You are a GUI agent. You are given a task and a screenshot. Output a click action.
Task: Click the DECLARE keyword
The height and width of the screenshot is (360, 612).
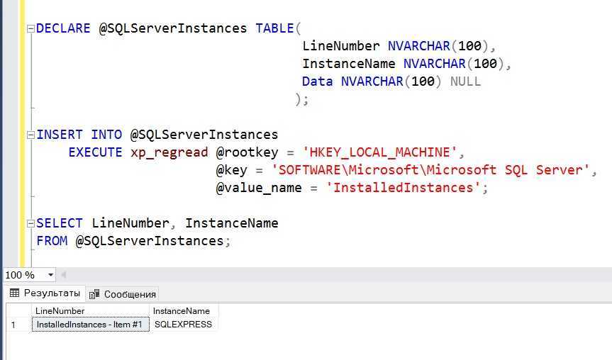tap(63, 28)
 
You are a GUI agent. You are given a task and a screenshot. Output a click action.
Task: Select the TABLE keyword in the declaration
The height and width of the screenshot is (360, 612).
tap(274, 28)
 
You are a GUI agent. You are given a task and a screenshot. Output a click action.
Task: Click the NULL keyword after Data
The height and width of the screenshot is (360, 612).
tap(465, 81)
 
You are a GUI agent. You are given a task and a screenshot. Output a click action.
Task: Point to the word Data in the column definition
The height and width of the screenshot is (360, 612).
tap(317, 81)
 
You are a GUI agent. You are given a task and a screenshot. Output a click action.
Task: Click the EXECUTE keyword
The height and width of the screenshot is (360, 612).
tap(95, 152)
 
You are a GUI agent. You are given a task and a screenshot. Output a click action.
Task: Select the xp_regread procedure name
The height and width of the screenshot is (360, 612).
tap(169, 153)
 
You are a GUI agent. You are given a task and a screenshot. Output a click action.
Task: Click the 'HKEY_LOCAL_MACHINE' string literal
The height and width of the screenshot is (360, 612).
tap(379, 152)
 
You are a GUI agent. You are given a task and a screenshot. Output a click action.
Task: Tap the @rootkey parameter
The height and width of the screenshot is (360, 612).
tap(247, 152)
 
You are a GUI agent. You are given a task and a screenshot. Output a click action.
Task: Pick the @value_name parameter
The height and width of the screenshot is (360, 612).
tap(259, 188)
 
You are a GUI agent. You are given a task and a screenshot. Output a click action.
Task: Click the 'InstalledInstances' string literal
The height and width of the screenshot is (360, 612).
tap(404, 188)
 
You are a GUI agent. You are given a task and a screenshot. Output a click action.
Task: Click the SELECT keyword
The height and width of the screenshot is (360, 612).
tap(60, 223)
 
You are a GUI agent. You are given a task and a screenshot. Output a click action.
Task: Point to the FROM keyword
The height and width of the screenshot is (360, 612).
tap(52, 241)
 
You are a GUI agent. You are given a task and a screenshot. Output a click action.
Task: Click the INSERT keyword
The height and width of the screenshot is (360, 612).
tap(60, 135)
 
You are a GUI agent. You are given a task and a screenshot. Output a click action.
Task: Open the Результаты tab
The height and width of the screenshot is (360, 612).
tap(45, 293)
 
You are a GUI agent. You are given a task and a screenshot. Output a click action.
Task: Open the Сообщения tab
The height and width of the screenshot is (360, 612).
tap(123, 295)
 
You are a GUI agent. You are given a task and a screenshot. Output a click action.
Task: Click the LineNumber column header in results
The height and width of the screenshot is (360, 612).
tap(60, 311)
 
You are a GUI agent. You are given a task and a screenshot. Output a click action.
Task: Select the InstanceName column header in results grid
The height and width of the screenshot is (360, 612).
tap(181, 311)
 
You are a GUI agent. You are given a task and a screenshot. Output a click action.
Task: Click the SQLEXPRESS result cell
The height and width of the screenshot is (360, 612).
tap(183, 325)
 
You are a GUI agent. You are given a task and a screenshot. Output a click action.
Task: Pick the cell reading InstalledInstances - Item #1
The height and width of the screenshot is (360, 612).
tap(90, 325)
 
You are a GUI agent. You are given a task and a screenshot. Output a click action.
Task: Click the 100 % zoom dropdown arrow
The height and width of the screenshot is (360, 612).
tap(51, 275)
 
